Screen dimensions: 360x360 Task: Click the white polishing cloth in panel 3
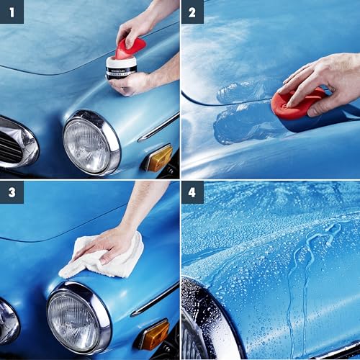pos(101,256)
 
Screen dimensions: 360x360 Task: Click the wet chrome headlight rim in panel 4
pos(198,317)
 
